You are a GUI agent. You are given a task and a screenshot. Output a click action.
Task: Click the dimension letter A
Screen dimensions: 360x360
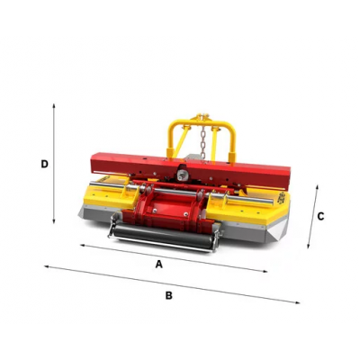(x=158, y=264)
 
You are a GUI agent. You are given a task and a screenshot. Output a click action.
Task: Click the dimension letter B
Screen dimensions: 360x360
(x=169, y=295)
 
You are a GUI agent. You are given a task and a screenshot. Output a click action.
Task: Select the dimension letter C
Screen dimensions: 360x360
(x=320, y=216)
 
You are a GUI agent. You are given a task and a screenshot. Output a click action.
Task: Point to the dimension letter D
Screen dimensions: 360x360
(x=44, y=164)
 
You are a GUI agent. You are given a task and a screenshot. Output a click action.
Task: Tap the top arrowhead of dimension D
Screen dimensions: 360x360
(x=54, y=106)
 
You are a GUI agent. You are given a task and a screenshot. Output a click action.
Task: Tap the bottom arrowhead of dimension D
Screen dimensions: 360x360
(x=54, y=221)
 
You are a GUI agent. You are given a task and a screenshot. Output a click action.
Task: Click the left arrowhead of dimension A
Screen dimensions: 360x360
(x=83, y=246)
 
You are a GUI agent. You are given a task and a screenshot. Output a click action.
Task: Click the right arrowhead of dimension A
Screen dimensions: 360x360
(x=265, y=272)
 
